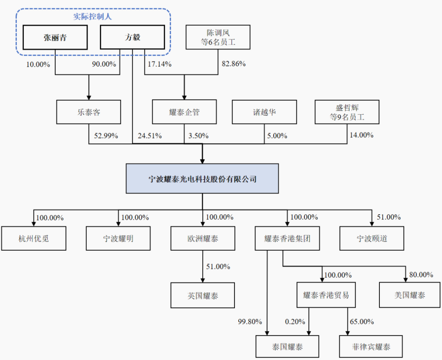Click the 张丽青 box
(55, 38)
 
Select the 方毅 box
(132, 38)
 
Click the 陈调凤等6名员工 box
(218, 38)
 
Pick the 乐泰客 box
(89, 112)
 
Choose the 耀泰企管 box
(184, 112)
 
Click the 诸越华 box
(264, 112)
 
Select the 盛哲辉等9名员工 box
(347, 112)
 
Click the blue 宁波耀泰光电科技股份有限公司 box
(202, 179)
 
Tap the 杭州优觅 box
(34, 239)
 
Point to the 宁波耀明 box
(118, 239)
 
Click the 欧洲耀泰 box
(203, 239)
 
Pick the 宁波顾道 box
(372, 239)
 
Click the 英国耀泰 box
(203, 295)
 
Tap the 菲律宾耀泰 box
(371, 347)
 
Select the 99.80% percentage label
(249, 322)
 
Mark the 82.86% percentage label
(234, 64)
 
